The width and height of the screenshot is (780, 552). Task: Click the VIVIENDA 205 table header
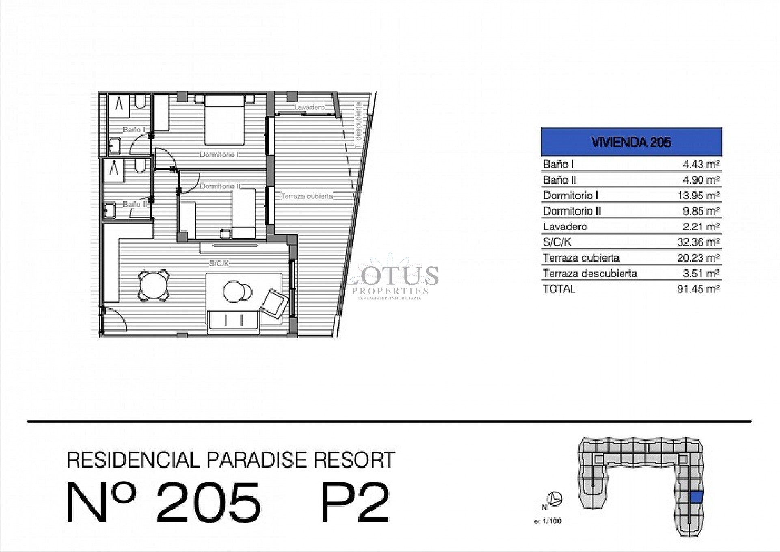point(631,142)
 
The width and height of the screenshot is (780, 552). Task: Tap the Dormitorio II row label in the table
point(572,211)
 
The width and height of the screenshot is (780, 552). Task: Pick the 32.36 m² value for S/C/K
point(698,242)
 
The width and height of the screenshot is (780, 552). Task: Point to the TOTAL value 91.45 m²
point(698,289)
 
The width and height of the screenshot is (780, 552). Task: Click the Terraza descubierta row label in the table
point(590,273)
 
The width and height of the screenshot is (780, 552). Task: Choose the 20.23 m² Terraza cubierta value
point(698,258)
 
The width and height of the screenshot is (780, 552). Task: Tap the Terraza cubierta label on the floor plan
point(307,196)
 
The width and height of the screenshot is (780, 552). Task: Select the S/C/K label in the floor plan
point(219,263)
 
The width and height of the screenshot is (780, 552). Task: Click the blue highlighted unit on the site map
point(696,497)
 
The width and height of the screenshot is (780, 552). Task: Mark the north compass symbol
point(555,498)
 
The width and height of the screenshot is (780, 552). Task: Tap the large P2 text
point(355,502)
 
